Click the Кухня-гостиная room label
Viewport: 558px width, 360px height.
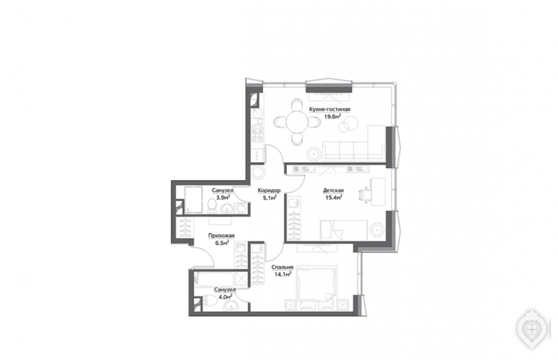[x=329, y=110]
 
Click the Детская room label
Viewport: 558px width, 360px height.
[x=333, y=190]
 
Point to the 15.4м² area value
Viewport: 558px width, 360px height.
[x=333, y=197]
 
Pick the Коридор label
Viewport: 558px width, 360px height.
[x=269, y=190]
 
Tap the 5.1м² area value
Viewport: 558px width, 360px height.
[x=270, y=198]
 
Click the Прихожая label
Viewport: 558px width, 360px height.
[x=221, y=235]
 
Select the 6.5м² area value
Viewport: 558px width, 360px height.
[x=222, y=243]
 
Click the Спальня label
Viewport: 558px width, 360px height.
[x=282, y=267]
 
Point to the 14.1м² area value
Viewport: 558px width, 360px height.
[x=283, y=274]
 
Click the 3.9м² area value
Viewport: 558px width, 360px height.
[x=223, y=197]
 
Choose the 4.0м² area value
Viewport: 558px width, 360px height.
[x=225, y=297]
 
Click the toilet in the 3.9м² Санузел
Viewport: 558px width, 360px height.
[x=212, y=207]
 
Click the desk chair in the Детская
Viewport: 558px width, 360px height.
[x=364, y=195]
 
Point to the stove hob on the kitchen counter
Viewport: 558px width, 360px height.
[x=257, y=135]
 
